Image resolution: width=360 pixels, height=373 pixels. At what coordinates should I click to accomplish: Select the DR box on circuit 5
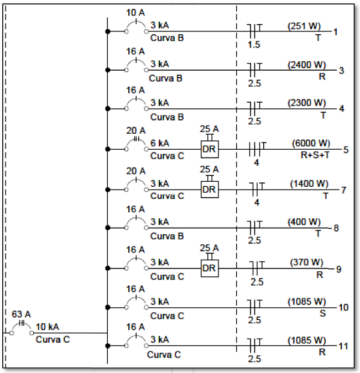coord(208,150)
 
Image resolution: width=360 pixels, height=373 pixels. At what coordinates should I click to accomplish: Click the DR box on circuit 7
coord(208,190)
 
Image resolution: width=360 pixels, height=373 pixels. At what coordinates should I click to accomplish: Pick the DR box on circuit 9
coord(208,268)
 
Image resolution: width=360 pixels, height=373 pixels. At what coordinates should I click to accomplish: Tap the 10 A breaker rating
coord(135,13)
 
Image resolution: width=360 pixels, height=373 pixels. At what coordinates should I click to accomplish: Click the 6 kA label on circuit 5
coord(160,143)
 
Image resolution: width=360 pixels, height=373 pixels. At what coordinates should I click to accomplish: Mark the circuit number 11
coord(343,346)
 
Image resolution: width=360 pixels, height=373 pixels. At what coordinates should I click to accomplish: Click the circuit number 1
coord(335,31)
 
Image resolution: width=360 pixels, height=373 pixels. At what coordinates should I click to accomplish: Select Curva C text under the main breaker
coord(53,339)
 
